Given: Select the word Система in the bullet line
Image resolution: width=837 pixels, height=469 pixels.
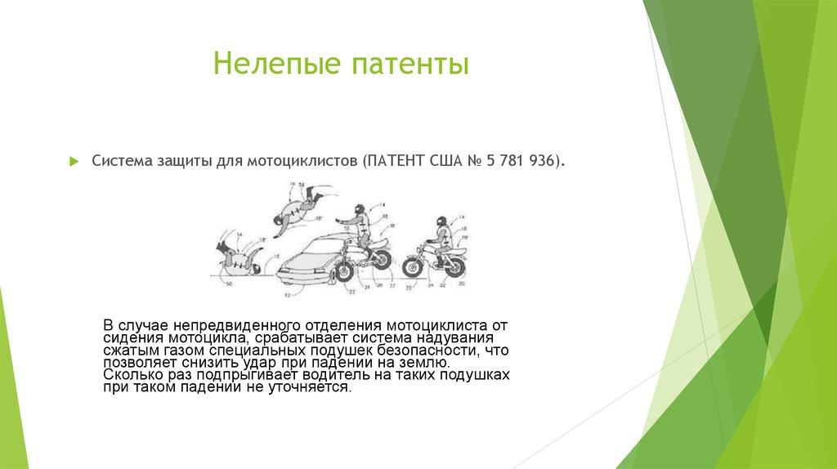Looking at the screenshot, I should [x=120, y=161].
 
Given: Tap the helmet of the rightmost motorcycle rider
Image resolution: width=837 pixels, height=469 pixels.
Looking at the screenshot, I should [x=441, y=221].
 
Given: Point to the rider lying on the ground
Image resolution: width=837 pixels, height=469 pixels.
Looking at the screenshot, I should [x=238, y=257].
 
